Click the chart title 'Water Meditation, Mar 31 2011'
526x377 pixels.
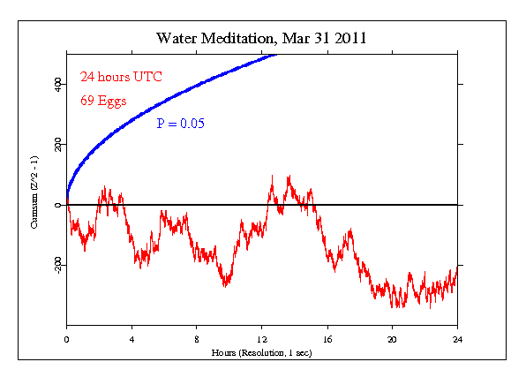(262, 38)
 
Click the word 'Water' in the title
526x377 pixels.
(177, 38)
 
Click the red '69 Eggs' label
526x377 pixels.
(103, 100)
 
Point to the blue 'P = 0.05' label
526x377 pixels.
(180, 124)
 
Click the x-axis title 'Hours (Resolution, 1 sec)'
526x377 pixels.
(261, 351)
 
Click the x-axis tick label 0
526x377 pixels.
(66, 338)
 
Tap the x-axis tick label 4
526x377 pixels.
(131, 338)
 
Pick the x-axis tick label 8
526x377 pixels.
(197, 338)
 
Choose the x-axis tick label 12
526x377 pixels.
(262, 338)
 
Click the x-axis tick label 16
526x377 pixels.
(327, 338)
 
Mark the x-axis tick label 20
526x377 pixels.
(392, 338)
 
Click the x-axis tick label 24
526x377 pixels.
(457, 338)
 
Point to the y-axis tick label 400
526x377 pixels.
(57, 85)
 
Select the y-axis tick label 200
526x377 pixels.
(57, 145)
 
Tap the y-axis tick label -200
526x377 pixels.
(57, 264)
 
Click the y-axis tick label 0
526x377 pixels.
(57, 205)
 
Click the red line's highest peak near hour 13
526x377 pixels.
(289, 176)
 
